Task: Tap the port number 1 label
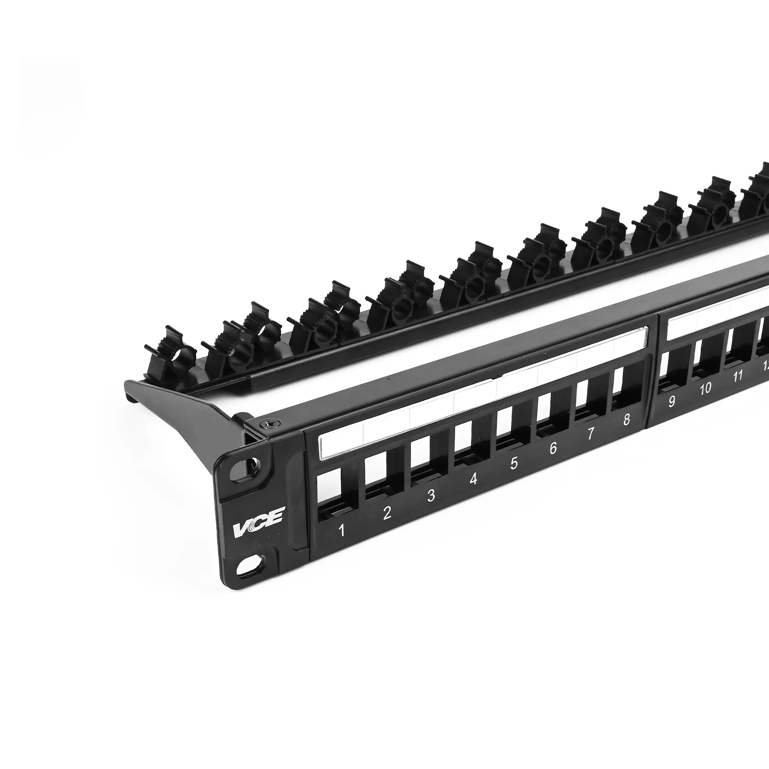point(342,531)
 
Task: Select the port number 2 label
point(387,513)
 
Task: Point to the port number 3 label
point(431,495)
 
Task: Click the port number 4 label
point(473,479)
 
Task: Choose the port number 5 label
point(514,463)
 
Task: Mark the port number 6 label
point(553,448)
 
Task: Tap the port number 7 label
point(591,434)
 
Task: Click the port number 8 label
point(626,420)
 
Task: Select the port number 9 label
point(672,401)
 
